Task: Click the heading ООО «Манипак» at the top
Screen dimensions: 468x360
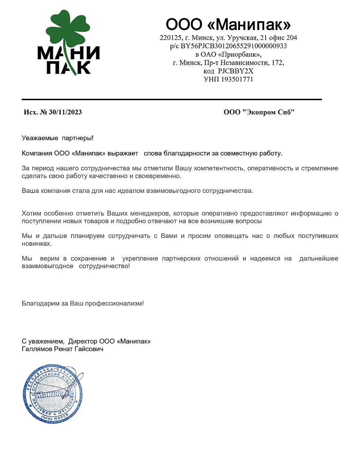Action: [228, 25]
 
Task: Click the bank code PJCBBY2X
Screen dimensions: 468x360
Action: [236, 71]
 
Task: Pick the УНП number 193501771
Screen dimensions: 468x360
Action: [237, 79]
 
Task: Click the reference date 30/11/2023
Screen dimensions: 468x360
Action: [65, 112]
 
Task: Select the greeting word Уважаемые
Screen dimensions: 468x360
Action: [40, 138]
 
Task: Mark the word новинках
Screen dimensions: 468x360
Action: [36, 244]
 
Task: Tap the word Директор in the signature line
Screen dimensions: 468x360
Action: [83, 341]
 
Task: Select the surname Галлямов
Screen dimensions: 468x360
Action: [37, 349]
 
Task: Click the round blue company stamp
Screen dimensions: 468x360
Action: [53, 393]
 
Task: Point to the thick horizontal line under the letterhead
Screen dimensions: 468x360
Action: [172, 99]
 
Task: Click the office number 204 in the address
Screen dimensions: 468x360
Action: [292, 38]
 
